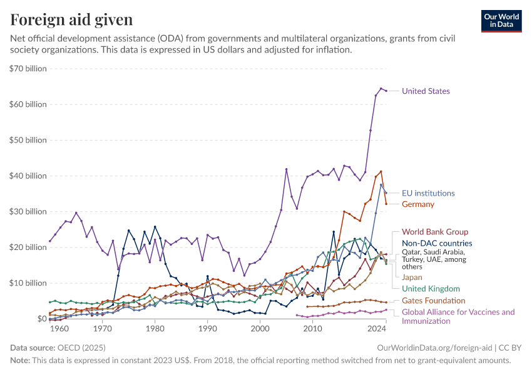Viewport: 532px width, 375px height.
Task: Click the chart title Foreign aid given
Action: pos(71,19)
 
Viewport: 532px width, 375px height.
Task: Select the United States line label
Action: pos(426,91)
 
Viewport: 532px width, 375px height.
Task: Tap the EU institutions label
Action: pos(428,193)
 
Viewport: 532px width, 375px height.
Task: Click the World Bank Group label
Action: pos(435,232)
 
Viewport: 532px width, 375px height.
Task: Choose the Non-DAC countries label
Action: pos(437,244)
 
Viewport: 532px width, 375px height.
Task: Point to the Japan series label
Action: pos(412,277)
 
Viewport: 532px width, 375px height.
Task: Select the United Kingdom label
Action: pos(431,289)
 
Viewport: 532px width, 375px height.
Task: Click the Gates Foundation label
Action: pos(433,301)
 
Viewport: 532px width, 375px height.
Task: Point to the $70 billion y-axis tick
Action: pos(28,69)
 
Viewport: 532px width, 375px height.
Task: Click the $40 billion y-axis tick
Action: pos(28,176)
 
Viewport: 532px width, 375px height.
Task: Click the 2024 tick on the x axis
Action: pos(377,328)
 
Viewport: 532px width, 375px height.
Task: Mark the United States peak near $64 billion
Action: pos(381,89)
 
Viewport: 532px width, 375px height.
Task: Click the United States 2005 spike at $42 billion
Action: pos(286,169)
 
